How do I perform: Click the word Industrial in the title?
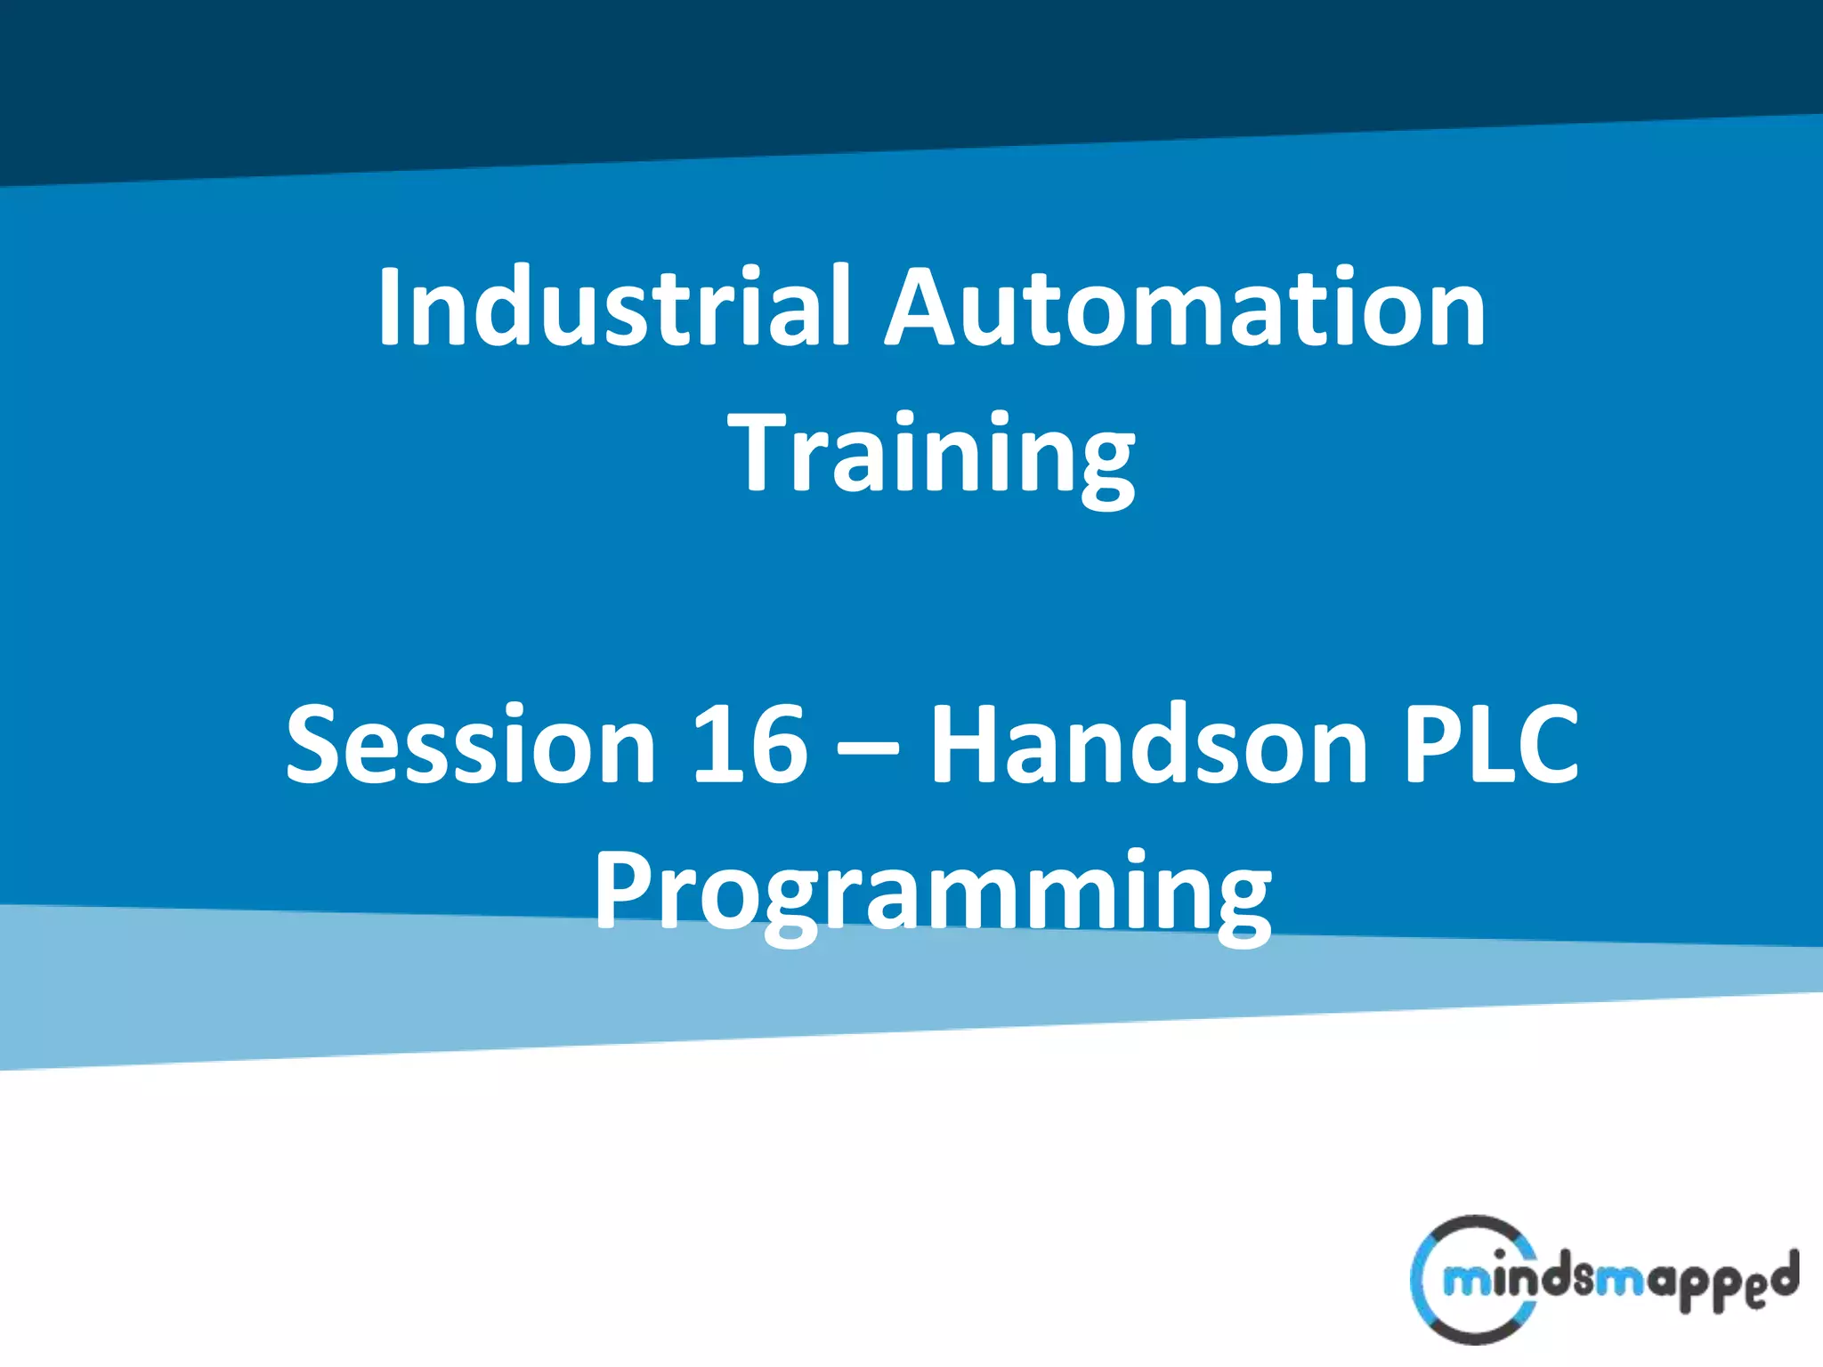614,307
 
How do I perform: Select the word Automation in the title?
1185,307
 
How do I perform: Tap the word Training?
931,454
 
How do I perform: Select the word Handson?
1149,744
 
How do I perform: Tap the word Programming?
933,892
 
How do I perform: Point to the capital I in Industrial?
389,307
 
